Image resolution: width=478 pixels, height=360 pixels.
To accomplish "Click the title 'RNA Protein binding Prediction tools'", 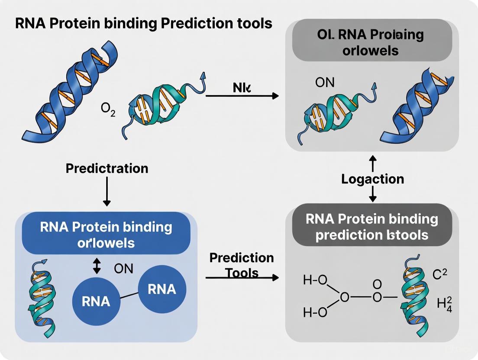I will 143,23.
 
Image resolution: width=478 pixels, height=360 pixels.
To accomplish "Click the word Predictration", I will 107,168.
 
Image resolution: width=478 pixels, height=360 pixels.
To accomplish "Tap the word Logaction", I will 372,179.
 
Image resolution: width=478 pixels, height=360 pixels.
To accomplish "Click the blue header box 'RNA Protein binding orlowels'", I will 106,234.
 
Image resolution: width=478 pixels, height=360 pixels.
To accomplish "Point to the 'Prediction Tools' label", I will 241,265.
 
